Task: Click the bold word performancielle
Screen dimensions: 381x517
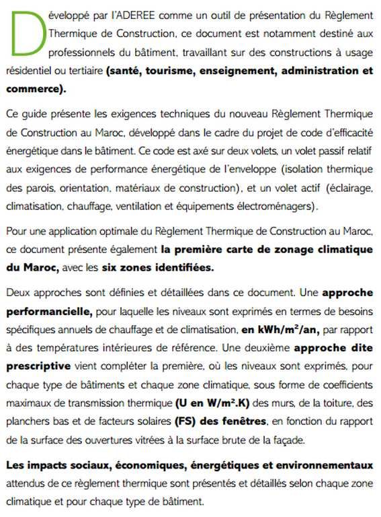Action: pos(49,312)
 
